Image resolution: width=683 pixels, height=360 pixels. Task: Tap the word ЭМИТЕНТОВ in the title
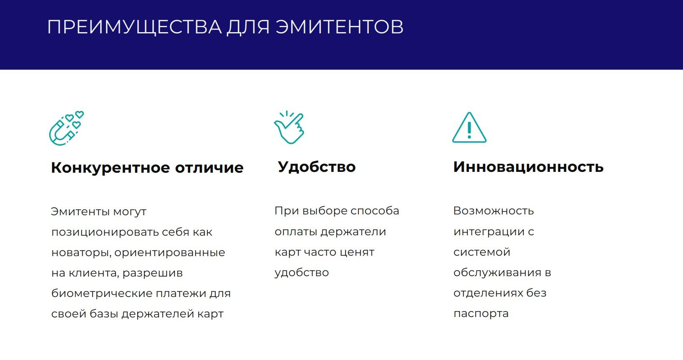[339, 27]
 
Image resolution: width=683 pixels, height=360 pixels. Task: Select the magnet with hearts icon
[66, 128]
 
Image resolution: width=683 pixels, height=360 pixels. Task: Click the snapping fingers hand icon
[289, 127]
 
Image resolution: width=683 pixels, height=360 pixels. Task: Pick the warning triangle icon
[469, 127]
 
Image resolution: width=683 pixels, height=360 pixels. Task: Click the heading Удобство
[317, 167]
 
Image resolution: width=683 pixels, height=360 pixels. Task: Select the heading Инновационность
[528, 167]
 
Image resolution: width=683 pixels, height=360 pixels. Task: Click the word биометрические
[102, 293]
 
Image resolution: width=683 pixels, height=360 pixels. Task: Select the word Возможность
[494, 211]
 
